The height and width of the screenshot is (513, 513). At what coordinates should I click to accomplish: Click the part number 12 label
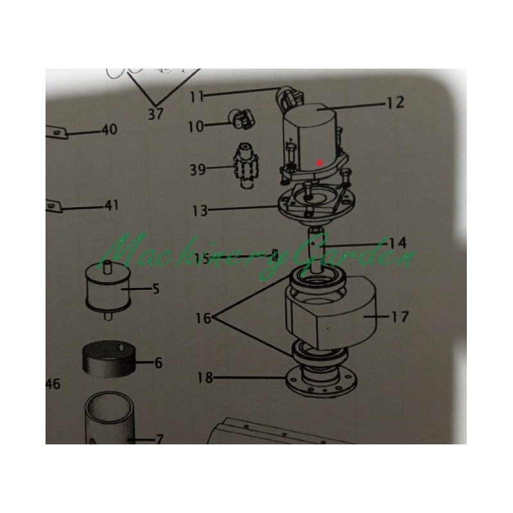coord(396,103)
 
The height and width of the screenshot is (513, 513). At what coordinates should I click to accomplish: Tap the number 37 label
coord(155,114)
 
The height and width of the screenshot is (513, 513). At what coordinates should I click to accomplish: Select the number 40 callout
coord(109,130)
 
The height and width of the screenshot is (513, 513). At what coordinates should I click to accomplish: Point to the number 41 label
coord(111,205)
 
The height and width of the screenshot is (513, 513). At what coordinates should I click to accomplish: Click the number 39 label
coord(198,170)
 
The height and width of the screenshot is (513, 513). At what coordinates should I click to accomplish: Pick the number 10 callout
coord(196,126)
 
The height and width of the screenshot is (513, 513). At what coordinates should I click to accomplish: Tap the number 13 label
coord(200,211)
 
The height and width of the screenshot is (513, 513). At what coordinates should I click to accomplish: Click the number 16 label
coord(203,318)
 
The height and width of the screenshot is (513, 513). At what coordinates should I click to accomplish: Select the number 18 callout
coord(205,378)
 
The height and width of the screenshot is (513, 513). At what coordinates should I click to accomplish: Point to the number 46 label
coord(53,384)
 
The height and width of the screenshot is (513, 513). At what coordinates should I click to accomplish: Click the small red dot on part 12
coord(319,162)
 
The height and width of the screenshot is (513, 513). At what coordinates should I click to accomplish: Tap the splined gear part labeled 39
coord(246,166)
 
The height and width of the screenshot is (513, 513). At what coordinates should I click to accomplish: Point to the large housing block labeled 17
coord(331,311)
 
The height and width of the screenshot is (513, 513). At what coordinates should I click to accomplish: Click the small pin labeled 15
coord(275,255)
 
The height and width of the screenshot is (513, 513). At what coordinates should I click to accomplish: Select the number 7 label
coord(160,439)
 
